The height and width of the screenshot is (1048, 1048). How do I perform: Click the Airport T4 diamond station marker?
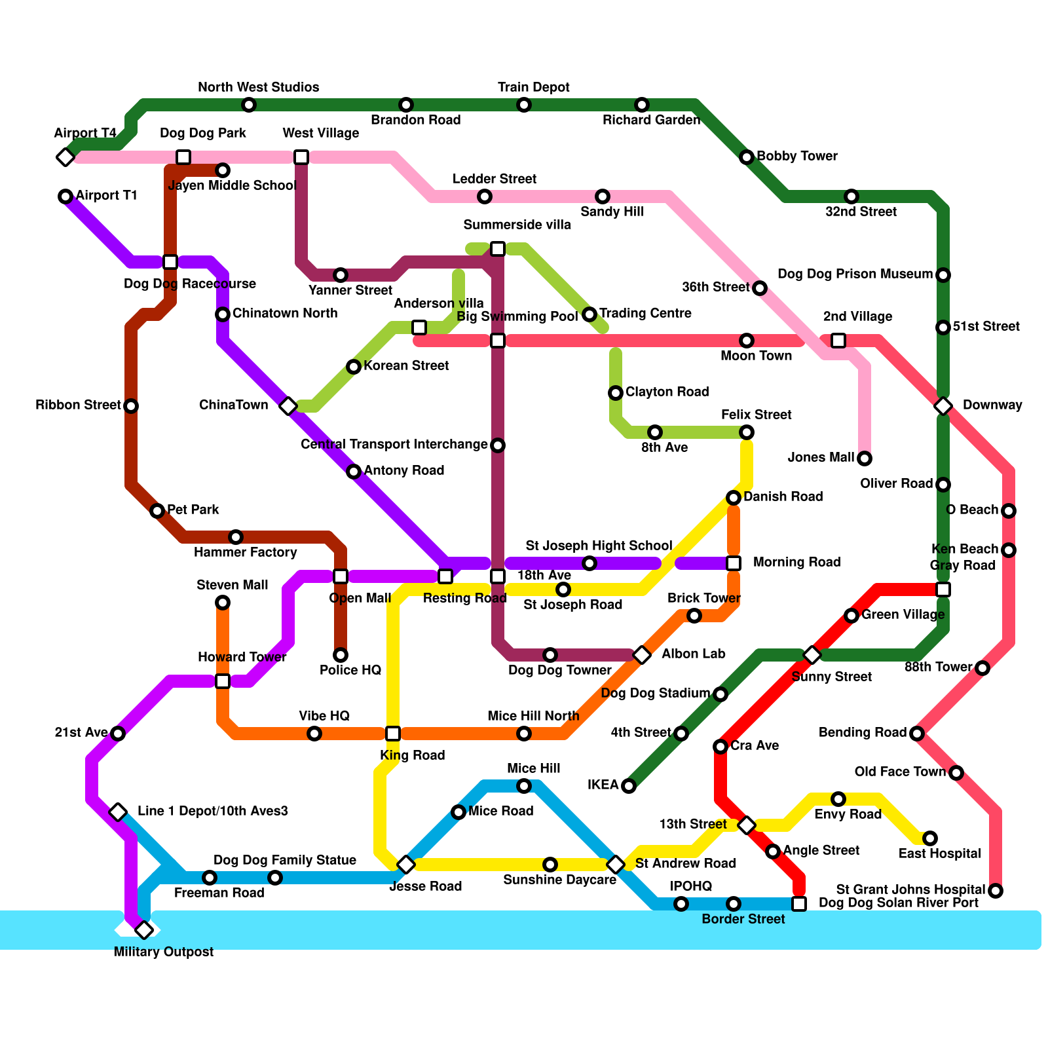[x=65, y=157]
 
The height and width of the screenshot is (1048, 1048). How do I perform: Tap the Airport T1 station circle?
[x=65, y=196]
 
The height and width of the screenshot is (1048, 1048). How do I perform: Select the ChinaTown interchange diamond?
[x=288, y=406]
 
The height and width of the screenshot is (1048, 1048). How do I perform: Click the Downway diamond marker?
[x=943, y=406]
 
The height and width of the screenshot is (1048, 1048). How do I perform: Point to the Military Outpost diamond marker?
[x=144, y=930]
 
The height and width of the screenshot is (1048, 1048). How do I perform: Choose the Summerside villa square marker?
[x=498, y=249]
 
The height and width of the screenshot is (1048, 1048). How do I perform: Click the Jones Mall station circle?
[x=865, y=458]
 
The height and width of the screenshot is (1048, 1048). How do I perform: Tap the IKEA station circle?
[x=629, y=786]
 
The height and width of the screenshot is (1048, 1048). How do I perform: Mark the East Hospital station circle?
[x=930, y=838]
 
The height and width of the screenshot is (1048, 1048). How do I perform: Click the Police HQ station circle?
[x=341, y=655]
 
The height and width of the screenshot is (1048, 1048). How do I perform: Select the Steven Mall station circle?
[x=223, y=603]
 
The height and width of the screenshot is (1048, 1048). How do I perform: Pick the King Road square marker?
[x=393, y=734]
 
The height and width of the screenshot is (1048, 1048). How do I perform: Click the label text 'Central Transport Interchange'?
[x=394, y=445]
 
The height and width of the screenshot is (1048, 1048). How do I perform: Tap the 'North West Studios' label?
[x=258, y=88]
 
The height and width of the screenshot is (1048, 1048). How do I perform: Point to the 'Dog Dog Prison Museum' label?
[x=855, y=274]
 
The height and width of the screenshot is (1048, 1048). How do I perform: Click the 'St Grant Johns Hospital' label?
[x=910, y=889]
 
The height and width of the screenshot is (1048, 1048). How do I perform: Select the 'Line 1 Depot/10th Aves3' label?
[x=212, y=811]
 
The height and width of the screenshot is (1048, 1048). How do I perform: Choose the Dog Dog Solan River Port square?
[x=799, y=904]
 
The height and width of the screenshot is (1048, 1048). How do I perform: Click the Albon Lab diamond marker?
[x=642, y=655]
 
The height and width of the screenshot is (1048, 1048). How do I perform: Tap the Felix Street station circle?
[x=747, y=432]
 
